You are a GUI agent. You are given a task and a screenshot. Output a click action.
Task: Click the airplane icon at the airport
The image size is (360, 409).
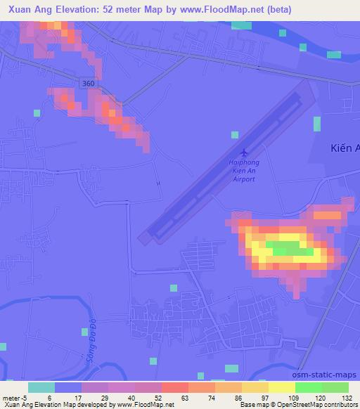point(244,152)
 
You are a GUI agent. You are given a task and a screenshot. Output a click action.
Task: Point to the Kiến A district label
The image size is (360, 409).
point(345,148)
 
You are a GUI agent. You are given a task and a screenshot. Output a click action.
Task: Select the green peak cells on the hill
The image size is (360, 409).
point(292,249)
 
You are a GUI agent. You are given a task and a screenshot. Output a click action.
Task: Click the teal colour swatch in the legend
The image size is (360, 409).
point(41,387)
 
